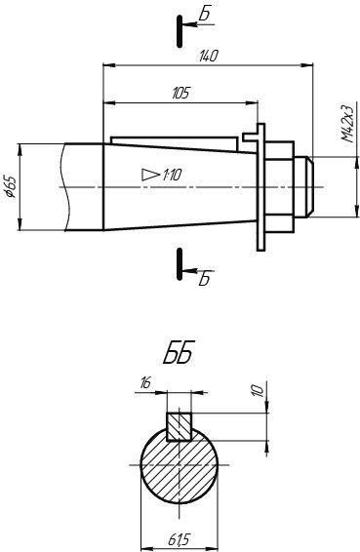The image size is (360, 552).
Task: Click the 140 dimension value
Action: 209,56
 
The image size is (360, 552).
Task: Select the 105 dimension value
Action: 181,93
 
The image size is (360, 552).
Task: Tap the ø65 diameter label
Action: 10,185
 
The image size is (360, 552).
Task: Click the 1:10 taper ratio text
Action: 172,175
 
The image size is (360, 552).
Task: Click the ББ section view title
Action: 179,352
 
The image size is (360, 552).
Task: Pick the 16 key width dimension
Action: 145,382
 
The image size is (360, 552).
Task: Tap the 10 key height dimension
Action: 259,391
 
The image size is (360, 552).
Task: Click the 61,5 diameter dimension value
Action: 180,539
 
